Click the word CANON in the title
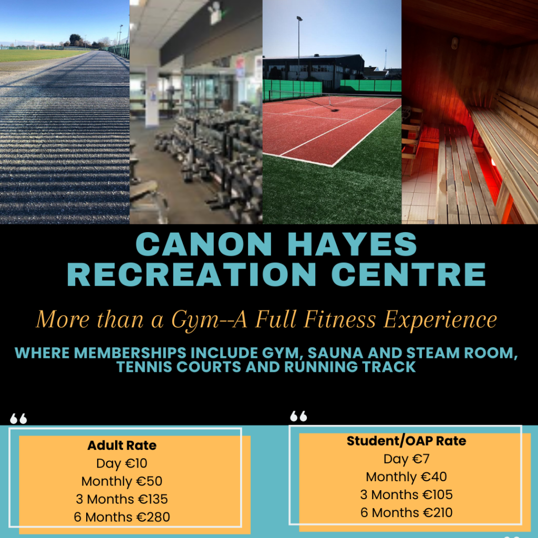click(204, 244)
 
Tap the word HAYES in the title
click(352, 244)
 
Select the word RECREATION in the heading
click(191, 274)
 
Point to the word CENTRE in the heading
click(408, 274)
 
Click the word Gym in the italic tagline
click(195, 320)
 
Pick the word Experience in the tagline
click(440, 320)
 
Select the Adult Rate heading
click(122, 446)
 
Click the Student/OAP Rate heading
click(406, 441)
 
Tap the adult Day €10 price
click(122, 463)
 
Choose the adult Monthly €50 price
click(122, 481)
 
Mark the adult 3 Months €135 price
click(122, 499)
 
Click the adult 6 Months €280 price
click(122, 517)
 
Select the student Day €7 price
click(406, 459)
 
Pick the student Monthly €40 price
click(406, 477)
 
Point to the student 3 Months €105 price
click(406, 494)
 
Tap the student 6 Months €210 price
click(406, 512)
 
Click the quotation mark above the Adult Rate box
click(18, 419)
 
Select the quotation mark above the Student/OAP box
click(298, 416)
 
